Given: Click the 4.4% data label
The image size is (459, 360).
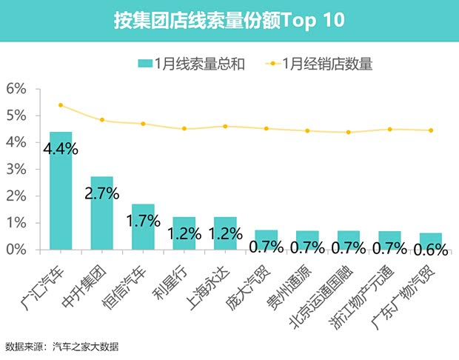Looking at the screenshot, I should pos(60,149).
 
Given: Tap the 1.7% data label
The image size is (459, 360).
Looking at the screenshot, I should pos(143,220).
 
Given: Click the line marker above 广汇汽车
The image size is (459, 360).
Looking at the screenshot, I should pos(61,105).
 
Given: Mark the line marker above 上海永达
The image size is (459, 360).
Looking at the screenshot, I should pos(225,126).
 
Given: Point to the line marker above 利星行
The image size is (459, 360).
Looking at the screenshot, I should pos(184,129).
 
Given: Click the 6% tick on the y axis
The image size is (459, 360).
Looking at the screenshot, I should pos(16,89).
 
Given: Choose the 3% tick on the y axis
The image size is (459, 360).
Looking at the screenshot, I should pos(16,170).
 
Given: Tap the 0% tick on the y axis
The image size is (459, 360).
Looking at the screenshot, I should pos(16,250).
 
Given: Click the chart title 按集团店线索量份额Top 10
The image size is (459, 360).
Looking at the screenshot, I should pos(229,20).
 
